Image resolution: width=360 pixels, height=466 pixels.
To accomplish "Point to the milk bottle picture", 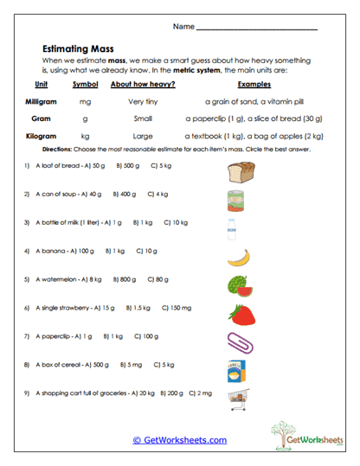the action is (231, 228).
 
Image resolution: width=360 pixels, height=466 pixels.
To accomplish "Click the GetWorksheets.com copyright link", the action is (180, 440).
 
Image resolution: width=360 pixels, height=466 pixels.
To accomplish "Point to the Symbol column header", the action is (85, 85).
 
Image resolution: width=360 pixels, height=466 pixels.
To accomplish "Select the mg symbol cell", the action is (84, 101).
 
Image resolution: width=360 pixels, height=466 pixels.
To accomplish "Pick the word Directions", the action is (58, 150).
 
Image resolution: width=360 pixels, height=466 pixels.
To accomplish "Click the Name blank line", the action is (257, 29).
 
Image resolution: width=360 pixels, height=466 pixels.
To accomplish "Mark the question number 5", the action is (28, 279).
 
